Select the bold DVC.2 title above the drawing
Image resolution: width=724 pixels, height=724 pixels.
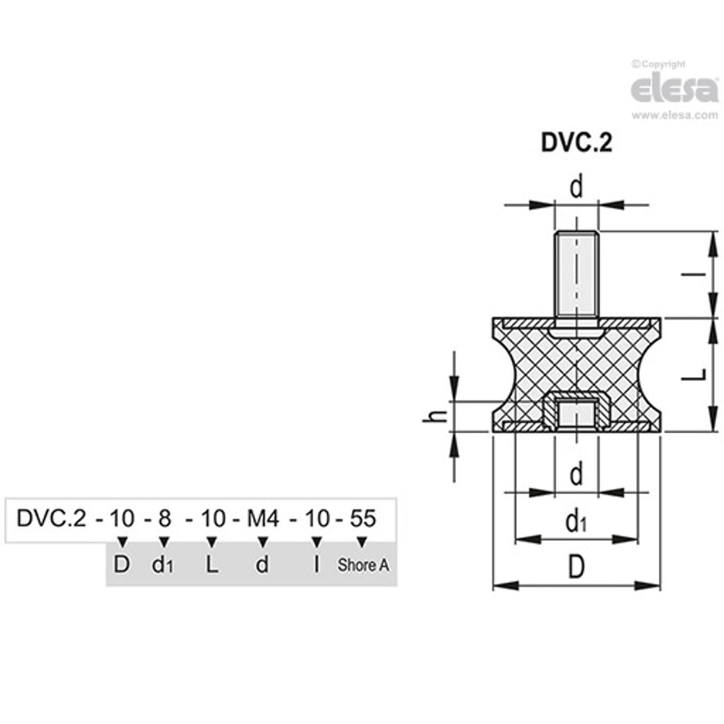pyautogui.click(x=576, y=143)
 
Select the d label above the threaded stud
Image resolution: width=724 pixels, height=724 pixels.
pyautogui.click(x=576, y=188)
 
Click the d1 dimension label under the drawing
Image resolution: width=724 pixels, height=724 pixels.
pyautogui.click(x=576, y=523)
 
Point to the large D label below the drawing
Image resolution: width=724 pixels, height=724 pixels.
pyautogui.click(x=576, y=568)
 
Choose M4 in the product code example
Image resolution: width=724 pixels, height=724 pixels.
pyautogui.click(x=262, y=519)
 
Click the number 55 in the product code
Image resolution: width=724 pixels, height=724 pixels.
pyautogui.click(x=363, y=519)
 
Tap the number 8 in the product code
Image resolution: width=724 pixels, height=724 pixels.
pyautogui.click(x=164, y=519)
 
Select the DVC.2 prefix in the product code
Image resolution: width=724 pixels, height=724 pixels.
pyautogui.click(x=52, y=519)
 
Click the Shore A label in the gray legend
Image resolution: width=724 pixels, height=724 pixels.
pyautogui.click(x=363, y=565)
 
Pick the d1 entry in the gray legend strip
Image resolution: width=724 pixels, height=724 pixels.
pyautogui.click(x=162, y=565)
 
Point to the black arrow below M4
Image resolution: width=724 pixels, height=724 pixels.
pyautogui.click(x=262, y=542)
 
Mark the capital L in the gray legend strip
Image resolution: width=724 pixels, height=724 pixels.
pyautogui.click(x=212, y=565)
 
